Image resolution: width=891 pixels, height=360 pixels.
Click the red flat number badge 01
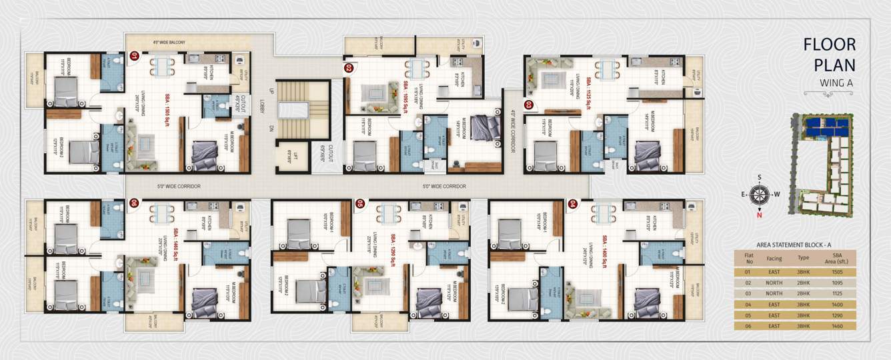coord(134,57)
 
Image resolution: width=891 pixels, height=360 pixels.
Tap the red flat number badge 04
coord(572,203)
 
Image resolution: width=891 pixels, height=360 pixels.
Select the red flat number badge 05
coord(360,203)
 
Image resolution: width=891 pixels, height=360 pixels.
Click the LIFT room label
coord(289,156)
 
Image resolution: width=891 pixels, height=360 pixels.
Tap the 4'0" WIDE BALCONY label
coord(159,43)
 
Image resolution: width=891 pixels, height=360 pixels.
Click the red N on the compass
coord(758,214)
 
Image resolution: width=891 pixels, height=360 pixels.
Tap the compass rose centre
coord(758,195)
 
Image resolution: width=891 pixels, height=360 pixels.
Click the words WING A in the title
coord(837,83)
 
